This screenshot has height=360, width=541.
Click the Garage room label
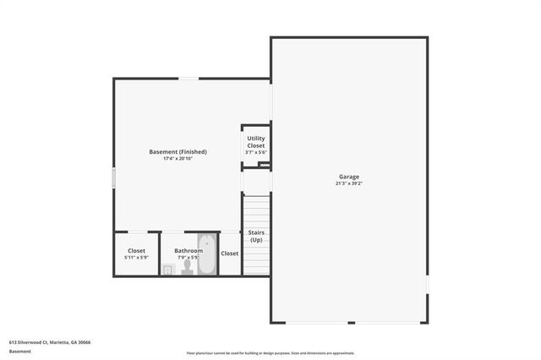349,177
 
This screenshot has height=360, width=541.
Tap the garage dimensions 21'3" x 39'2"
349,183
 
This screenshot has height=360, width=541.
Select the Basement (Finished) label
178,152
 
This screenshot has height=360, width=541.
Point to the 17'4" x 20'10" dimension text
178,159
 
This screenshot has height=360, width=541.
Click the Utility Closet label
255,142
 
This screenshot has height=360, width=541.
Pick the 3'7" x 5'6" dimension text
255,152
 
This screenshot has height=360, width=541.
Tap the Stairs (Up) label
255,236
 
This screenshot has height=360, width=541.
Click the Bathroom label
189,250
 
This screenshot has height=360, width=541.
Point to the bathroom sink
168,269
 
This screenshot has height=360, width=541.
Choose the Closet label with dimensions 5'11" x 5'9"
136,250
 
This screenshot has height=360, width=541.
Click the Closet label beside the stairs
230,253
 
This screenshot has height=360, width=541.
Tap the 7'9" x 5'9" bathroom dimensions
189,257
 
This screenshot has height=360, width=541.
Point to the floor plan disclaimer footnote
270,353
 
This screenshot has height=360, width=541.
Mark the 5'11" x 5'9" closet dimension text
136,257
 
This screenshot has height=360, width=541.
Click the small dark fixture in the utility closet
263,165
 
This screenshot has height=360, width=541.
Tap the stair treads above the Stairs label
255,210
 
